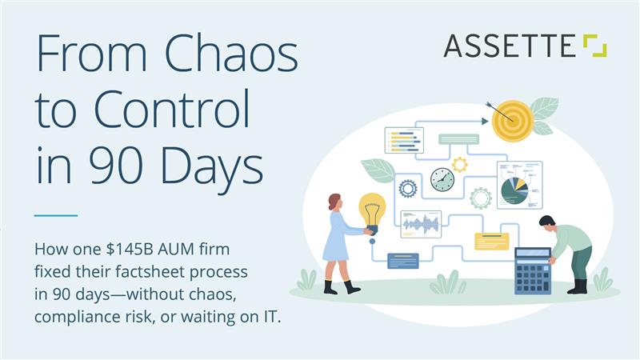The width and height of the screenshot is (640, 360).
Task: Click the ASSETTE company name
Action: tap(510, 46)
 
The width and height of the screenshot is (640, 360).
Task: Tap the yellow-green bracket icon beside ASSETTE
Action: tap(594, 46)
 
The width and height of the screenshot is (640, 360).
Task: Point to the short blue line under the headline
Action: tap(56, 215)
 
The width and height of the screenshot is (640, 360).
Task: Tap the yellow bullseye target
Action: tap(512, 121)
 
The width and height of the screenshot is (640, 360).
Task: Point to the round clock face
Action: tap(442, 179)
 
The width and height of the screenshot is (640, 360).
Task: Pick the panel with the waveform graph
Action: tap(421, 224)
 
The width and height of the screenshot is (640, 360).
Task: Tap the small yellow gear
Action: tap(460, 165)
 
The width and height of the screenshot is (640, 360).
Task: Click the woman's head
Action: tap(334, 202)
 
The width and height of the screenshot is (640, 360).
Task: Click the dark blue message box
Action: tap(403, 260)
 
